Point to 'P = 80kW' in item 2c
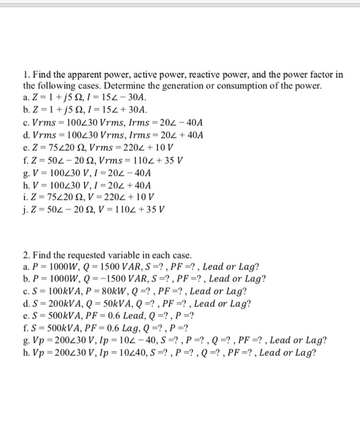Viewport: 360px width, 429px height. pyautogui.click(x=105, y=291)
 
